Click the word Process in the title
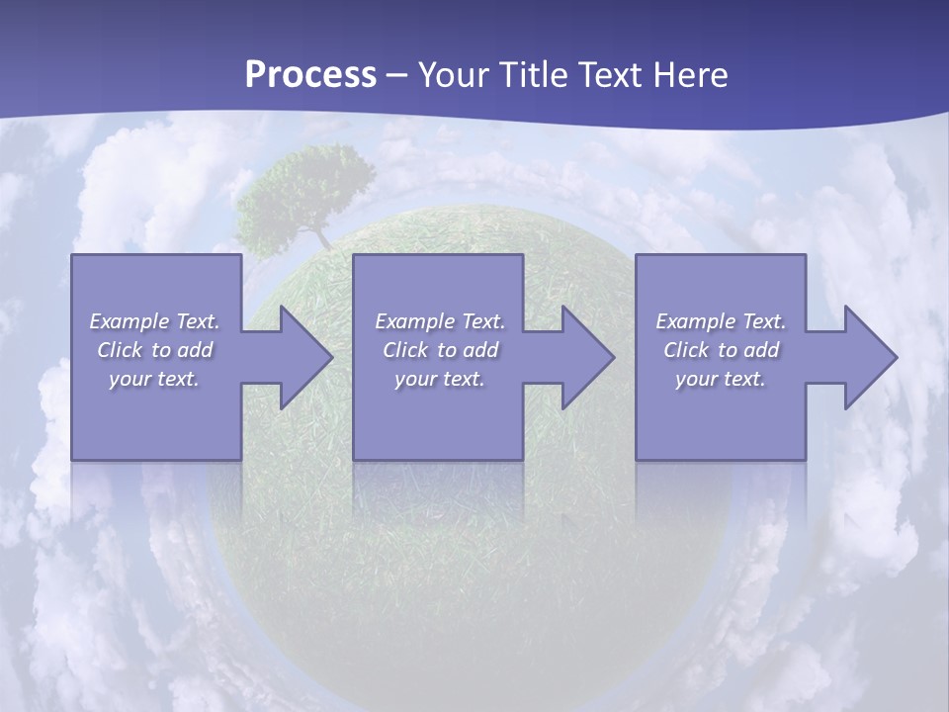click(x=310, y=75)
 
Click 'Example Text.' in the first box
click(x=154, y=321)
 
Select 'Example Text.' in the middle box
click(x=440, y=321)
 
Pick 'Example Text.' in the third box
click(x=721, y=321)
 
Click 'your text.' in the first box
click(x=154, y=379)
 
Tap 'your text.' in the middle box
click(x=440, y=379)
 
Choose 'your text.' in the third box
click(x=721, y=379)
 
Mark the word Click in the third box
click(x=686, y=350)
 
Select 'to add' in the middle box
click(x=468, y=350)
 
